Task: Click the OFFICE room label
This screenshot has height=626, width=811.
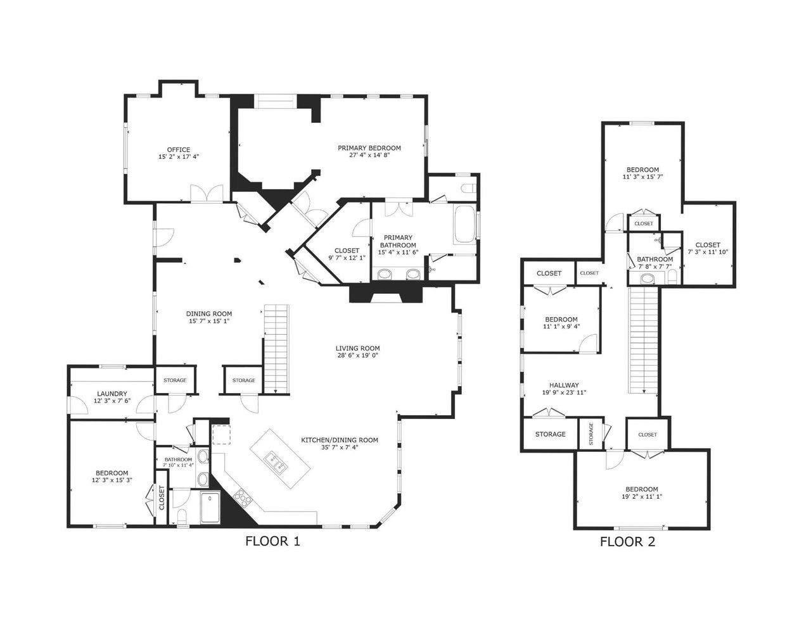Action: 179,150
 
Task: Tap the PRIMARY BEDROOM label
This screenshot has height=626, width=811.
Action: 369,148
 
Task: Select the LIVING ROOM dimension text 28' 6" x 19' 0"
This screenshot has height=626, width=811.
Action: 357,355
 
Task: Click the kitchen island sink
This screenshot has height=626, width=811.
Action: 275,462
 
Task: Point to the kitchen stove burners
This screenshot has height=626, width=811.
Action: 243,498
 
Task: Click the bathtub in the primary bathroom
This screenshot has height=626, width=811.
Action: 464,223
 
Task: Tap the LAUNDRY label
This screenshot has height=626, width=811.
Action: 112,394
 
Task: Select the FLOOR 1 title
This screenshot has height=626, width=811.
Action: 272,541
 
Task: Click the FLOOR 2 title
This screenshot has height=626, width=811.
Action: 627,542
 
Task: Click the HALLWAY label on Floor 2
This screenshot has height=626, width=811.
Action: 564,385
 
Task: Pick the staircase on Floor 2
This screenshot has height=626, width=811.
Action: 644,340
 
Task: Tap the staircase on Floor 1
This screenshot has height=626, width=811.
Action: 276,349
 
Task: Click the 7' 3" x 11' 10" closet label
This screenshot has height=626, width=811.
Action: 708,252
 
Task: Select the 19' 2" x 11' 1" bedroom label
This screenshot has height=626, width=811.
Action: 642,497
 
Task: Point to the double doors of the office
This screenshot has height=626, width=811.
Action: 207,194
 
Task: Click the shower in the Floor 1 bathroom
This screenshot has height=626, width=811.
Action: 211,508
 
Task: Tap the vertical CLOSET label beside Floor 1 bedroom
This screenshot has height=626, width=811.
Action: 162,498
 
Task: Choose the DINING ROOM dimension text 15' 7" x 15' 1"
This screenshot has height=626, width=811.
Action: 209,321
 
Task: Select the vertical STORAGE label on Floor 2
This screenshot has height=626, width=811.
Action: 591,434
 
